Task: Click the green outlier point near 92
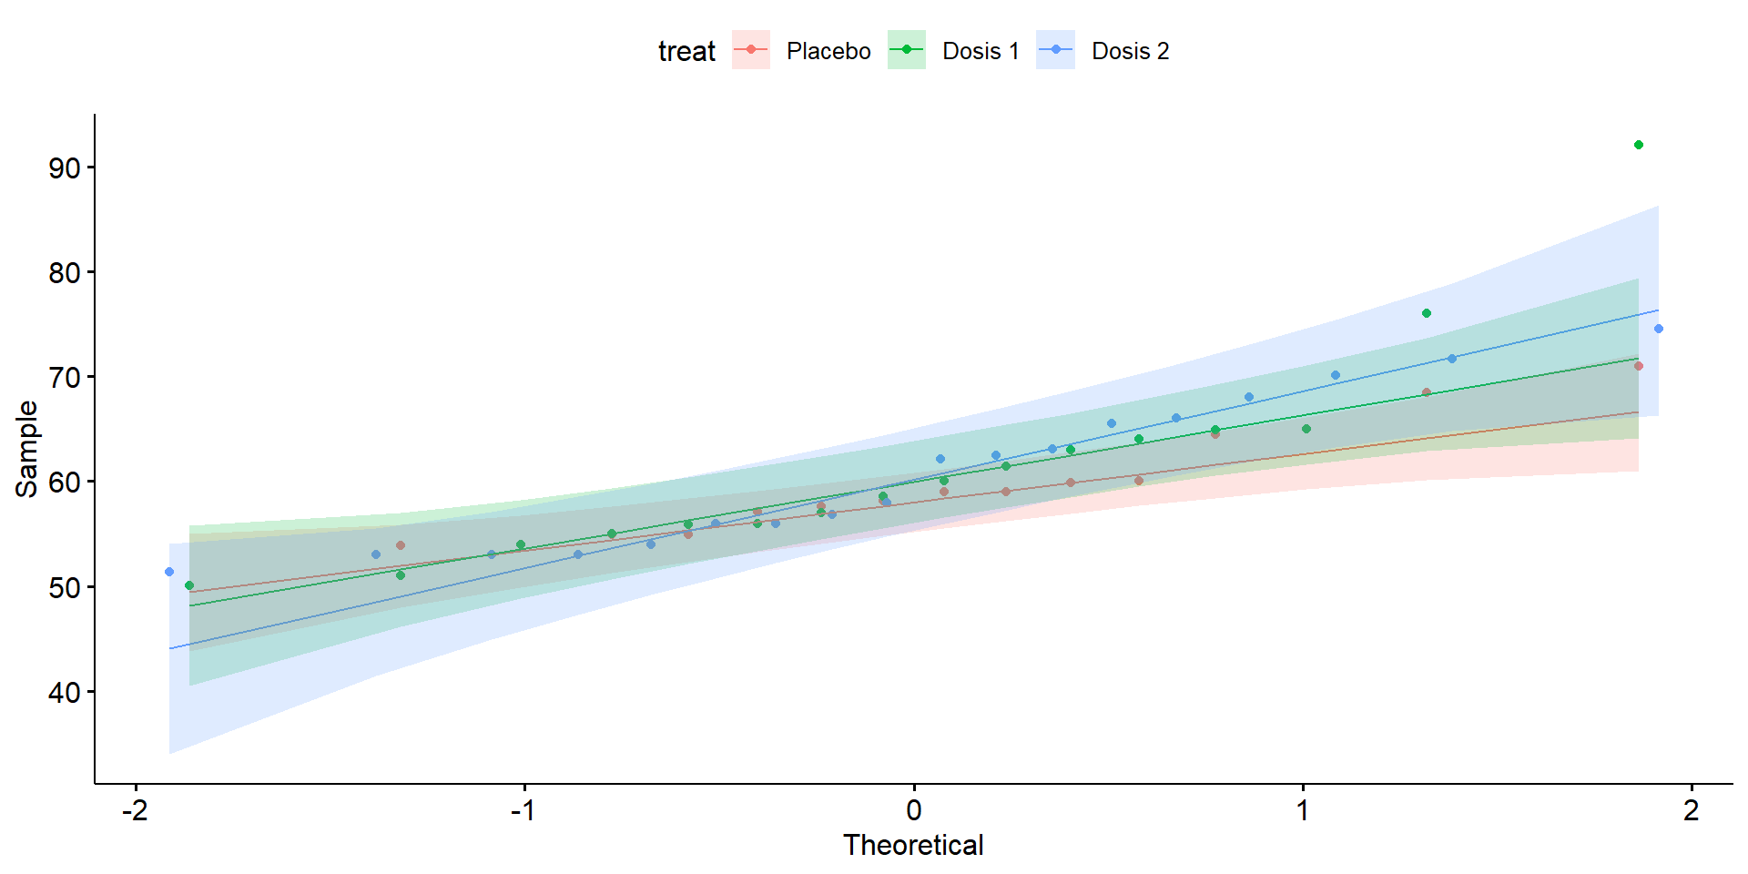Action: tap(1639, 145)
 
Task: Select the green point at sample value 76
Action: tap(1427, 313)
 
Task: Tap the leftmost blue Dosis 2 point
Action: tap(169, 572)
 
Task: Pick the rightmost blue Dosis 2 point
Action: tap(1659, 329)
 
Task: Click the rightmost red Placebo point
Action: tap(1639, 366)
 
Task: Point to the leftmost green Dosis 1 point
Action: tap(189, 585)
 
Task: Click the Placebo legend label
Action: tap(828, 51)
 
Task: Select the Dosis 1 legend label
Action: tap(981, 51)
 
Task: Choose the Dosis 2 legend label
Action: tap(1130, 51)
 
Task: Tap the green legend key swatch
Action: tap(907, 50)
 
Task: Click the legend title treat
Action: tap(686, 51)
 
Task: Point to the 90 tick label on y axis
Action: tap(65, 168)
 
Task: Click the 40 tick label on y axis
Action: tap(65, 693)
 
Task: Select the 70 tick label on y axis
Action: tap(65, 378)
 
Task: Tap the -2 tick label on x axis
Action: tap(135, 809)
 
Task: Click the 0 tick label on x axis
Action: tap(914, 809)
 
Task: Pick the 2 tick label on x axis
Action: tap(1692, 809)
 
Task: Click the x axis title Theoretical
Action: tap(913, 845)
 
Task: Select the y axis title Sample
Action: tap(27, 449)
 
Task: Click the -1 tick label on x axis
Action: tap(523, 809)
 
